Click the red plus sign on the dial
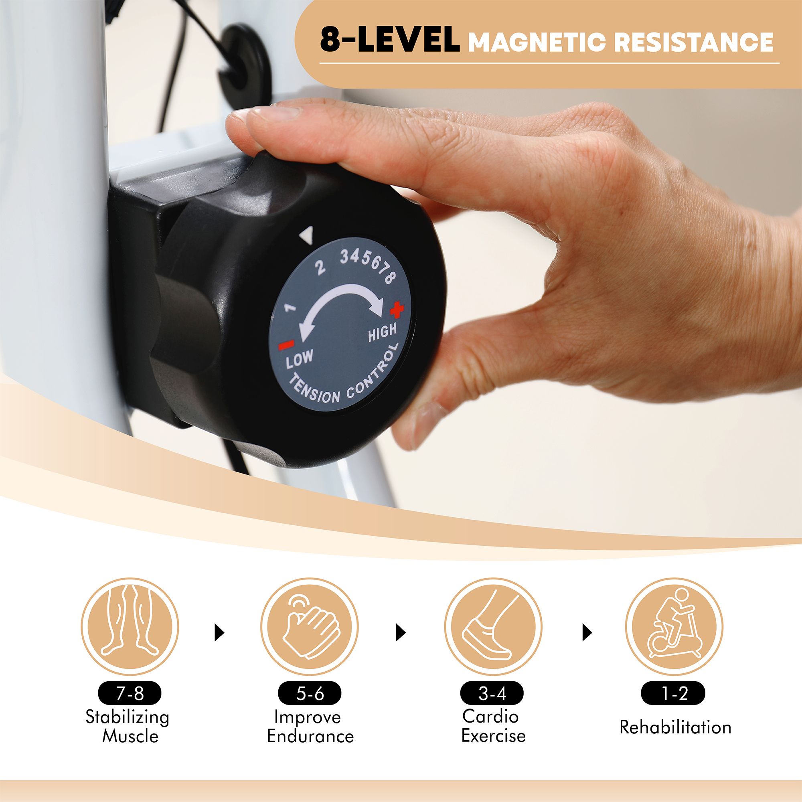click(x=397, y=309)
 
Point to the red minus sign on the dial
click(x=286, y=344)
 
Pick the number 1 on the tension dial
click(x=291, y=307)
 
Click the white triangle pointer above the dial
click(x=306, y=235)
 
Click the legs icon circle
click(x=130, y=627)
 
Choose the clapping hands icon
click(x=310, y=627)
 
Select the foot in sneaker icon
click(x=493, y=627)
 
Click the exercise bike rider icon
click(x=674, y=627)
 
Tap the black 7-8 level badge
click(x=130, y=693)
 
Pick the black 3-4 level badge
click(x=492, y=693)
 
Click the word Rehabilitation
click(x=675, y=727)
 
